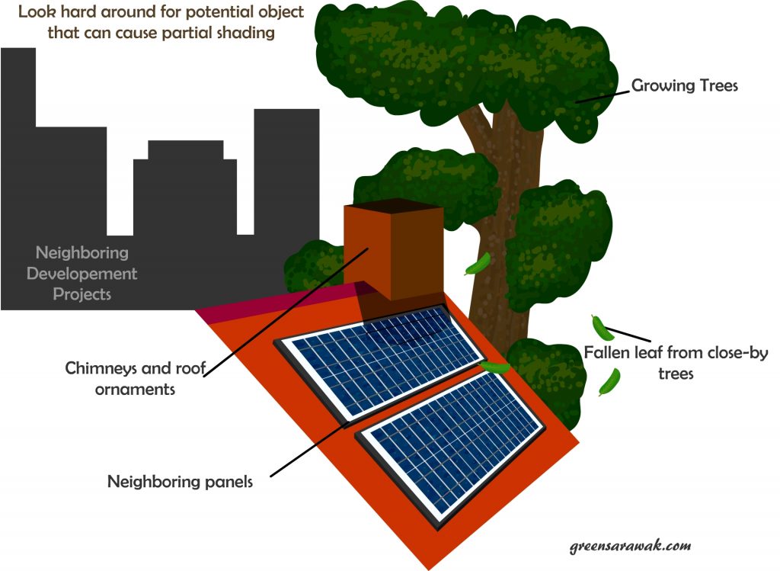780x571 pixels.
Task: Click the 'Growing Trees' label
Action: [x=685, y=85]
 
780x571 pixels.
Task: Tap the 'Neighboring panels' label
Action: [x=180, y=482]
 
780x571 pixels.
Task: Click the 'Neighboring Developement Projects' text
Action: [x=82, y=273]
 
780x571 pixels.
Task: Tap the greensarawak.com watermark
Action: [x=630, y=547]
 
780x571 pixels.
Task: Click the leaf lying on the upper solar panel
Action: [x=495, y=367]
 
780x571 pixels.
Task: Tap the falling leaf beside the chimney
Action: [x=478, y=265]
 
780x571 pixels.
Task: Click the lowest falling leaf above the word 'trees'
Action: [x=609, y=382]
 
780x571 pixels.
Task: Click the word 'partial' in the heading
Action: [x=188, y=33]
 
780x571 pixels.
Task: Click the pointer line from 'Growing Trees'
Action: [x=602, y=92]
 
